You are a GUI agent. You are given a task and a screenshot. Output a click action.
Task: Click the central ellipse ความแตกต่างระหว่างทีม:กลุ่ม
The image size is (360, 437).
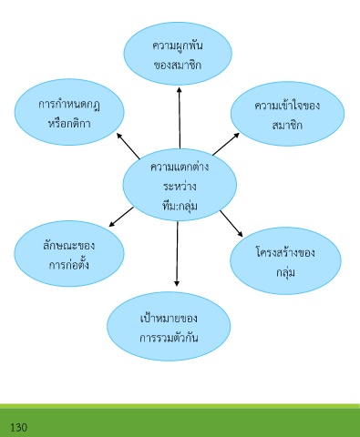click(x=180, y=185)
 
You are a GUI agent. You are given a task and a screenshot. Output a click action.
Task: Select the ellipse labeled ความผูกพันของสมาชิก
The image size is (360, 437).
click(x=178, y=54)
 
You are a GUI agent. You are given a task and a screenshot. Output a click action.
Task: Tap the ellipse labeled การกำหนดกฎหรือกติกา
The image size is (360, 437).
click(x=69, y=112)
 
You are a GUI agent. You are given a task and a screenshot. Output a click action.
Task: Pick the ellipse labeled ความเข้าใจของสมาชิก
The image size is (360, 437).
click(x=287, y=114)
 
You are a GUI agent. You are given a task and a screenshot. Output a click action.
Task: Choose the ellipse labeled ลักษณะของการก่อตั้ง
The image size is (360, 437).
click(x=69, y=253)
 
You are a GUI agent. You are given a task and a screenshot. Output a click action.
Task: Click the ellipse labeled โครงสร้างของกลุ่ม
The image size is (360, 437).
click(x=285, y=260)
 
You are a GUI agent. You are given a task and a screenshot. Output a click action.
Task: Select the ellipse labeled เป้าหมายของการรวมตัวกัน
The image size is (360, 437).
click(x=169, y=326)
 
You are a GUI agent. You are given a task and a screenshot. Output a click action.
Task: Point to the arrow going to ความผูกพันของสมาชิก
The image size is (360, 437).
click(x=180, y=117)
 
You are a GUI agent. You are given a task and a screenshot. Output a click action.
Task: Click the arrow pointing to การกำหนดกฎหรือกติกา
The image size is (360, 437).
click(x=129, y=146)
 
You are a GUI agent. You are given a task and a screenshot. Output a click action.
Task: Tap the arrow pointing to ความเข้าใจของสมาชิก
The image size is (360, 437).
click(x=226, y=144)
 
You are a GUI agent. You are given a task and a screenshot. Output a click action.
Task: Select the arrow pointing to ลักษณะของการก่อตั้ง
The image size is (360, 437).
click(x=121, y=217)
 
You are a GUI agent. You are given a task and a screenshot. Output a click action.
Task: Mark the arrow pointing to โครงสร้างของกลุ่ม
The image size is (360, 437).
click(x=231, y=223)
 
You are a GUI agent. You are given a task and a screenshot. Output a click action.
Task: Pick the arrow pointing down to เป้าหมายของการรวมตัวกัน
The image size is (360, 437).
click(x=177, y=254)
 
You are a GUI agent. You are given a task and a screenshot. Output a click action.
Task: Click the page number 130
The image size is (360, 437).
click(x=19, y=428)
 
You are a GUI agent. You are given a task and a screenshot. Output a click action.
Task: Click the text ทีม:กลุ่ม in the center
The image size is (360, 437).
click(x=180, y=206)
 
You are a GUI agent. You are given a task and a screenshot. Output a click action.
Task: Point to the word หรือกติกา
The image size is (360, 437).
click(x=69, y=123)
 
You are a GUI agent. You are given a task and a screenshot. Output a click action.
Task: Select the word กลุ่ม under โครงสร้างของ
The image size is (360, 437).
click(x=285, y=272)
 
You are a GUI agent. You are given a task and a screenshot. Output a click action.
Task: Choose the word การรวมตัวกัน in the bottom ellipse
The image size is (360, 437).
click(x=169, y=338)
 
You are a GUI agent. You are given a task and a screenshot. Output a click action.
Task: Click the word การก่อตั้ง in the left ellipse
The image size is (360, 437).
click(x=69, y=264)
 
